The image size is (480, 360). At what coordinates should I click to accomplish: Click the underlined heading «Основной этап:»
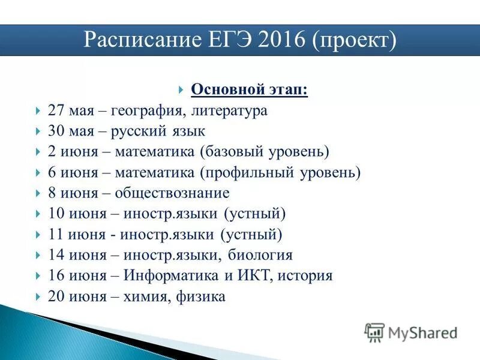click(250, 89)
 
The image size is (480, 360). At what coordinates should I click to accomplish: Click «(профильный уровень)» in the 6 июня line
click(281, 173)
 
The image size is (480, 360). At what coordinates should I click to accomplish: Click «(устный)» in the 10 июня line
click(255, 214)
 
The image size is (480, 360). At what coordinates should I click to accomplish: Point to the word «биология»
click(260, 256)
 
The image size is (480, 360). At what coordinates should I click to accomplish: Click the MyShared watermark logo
click(411, 332)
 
